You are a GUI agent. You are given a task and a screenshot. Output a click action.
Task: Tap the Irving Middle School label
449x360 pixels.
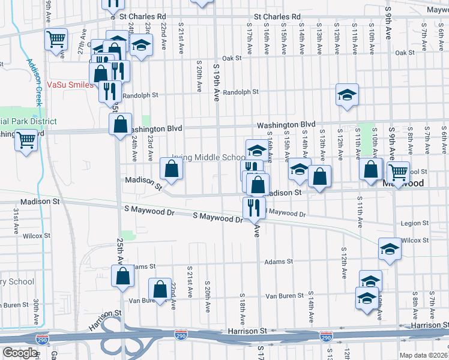click(208, 158)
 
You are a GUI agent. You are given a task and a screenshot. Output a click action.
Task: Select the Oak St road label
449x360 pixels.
click(231, 58)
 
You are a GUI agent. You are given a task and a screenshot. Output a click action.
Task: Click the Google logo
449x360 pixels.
click(20, 353)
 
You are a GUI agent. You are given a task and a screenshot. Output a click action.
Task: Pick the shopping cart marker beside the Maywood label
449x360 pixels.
click(399, 172)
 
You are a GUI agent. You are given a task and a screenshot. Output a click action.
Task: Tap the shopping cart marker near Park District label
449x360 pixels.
click(26, 140)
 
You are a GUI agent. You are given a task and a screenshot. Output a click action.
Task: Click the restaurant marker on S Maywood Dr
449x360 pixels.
click(255, 206)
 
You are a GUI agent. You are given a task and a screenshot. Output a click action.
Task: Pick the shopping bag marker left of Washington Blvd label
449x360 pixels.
click(121, 124)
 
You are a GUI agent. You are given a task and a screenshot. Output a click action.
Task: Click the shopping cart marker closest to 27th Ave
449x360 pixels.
click(56, 40)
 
